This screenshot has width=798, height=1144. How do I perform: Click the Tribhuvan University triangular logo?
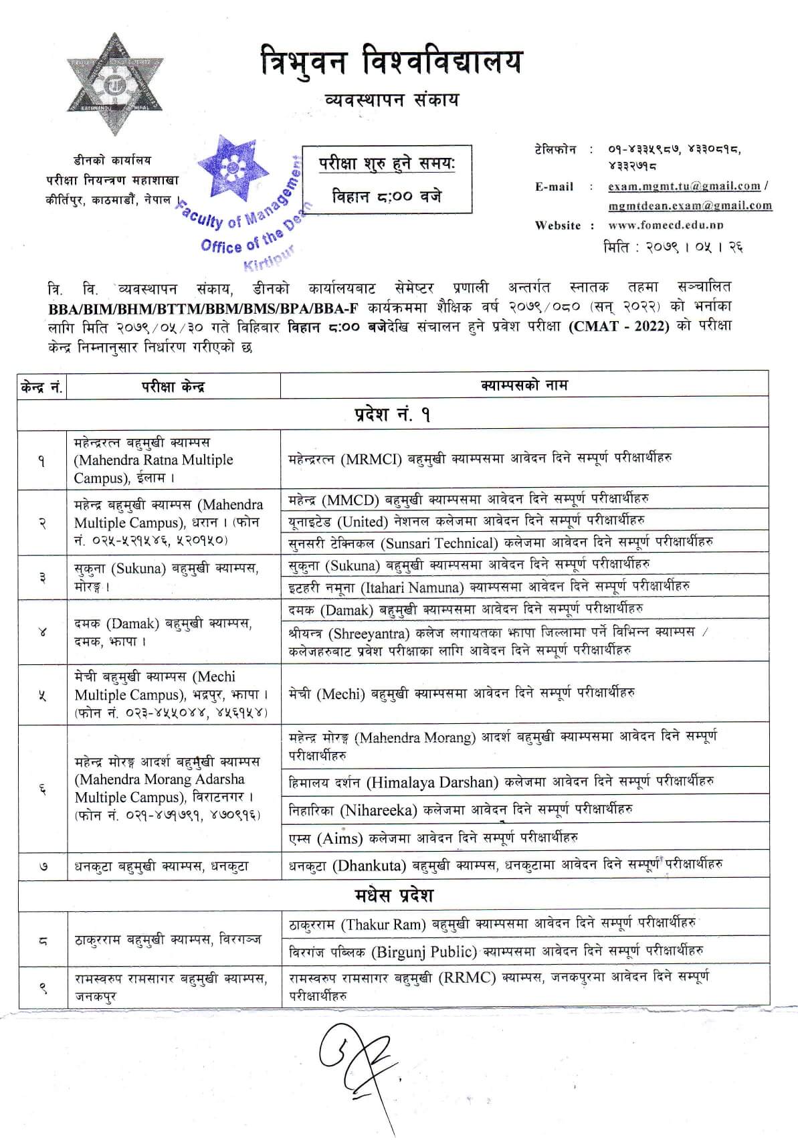114,83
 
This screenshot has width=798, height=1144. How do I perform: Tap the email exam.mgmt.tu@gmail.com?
684,187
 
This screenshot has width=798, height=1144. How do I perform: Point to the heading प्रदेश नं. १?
393,415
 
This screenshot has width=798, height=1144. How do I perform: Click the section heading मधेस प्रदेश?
393,895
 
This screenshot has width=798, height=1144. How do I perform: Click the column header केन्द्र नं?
41,386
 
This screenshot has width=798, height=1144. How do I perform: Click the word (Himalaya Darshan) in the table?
432,781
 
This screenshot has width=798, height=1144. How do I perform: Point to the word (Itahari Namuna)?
413,587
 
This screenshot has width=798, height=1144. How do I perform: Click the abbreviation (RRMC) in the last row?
467,977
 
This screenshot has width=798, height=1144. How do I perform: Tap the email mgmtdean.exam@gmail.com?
690,205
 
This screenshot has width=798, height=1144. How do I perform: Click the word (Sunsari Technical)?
436,542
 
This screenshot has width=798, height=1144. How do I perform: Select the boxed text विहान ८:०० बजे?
387,197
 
